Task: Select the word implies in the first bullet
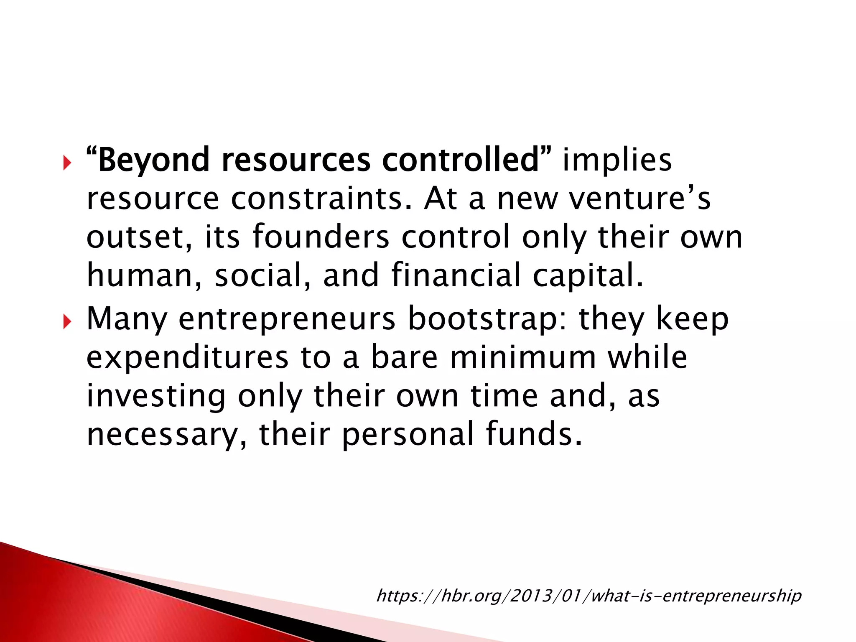coord(617,160)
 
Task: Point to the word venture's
coord(639,198)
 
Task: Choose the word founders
coord(321,237)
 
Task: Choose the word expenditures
coord(187,358)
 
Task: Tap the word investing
coord(156,396)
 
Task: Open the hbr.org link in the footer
coord(588,595)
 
